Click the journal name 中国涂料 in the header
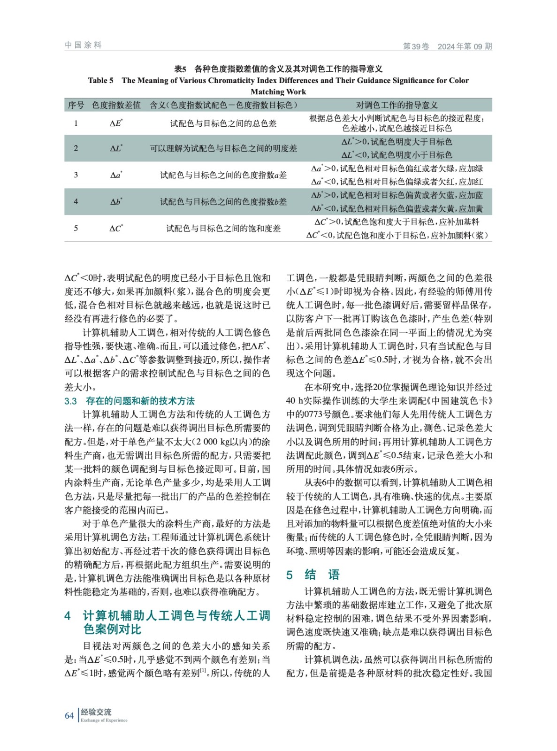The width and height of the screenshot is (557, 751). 83,45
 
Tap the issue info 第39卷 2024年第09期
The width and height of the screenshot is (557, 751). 447,46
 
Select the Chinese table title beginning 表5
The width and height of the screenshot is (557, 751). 278,69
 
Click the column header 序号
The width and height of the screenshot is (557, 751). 76,105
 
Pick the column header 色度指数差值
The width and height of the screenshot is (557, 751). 116,105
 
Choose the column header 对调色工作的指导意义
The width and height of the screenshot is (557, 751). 397,105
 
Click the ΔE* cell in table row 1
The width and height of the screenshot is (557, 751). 116,123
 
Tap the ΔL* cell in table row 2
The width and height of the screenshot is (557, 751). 116,148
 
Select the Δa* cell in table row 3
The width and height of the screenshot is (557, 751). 116,175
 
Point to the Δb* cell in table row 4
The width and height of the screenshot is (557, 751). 116,202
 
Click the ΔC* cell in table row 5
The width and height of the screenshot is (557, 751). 116,229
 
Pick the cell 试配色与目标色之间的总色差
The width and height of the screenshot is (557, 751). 223,123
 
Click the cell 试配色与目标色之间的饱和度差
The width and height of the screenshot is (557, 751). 223,229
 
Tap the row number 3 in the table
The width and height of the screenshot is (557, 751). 76,175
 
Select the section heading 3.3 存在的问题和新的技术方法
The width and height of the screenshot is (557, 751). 130,401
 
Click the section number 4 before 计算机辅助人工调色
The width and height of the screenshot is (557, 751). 68,616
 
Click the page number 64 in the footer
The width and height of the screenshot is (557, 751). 69,715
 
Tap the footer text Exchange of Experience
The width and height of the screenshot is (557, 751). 104,720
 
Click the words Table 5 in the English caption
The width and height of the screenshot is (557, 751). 100,80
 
